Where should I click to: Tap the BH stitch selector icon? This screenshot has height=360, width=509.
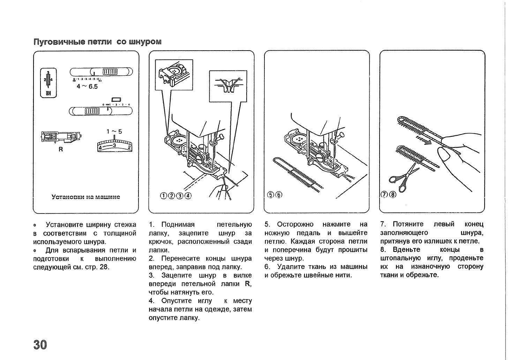(48, 83)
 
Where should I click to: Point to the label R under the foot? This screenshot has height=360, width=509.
(60, 150)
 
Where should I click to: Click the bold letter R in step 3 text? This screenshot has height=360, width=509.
(248, 284)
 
